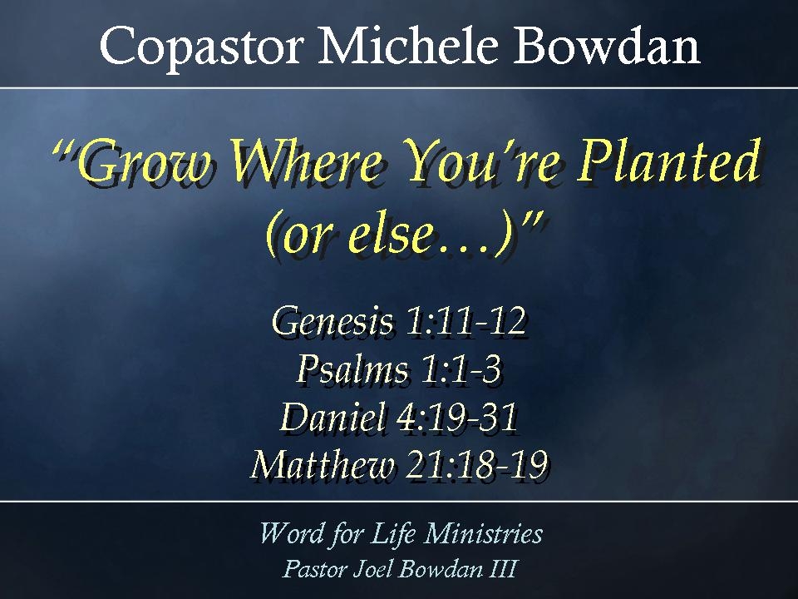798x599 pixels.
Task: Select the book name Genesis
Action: [333, 322]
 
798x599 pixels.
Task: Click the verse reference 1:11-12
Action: [465, 322]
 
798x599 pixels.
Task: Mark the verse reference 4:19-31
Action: [457, 417]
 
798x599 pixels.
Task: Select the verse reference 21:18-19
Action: [477, 464]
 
